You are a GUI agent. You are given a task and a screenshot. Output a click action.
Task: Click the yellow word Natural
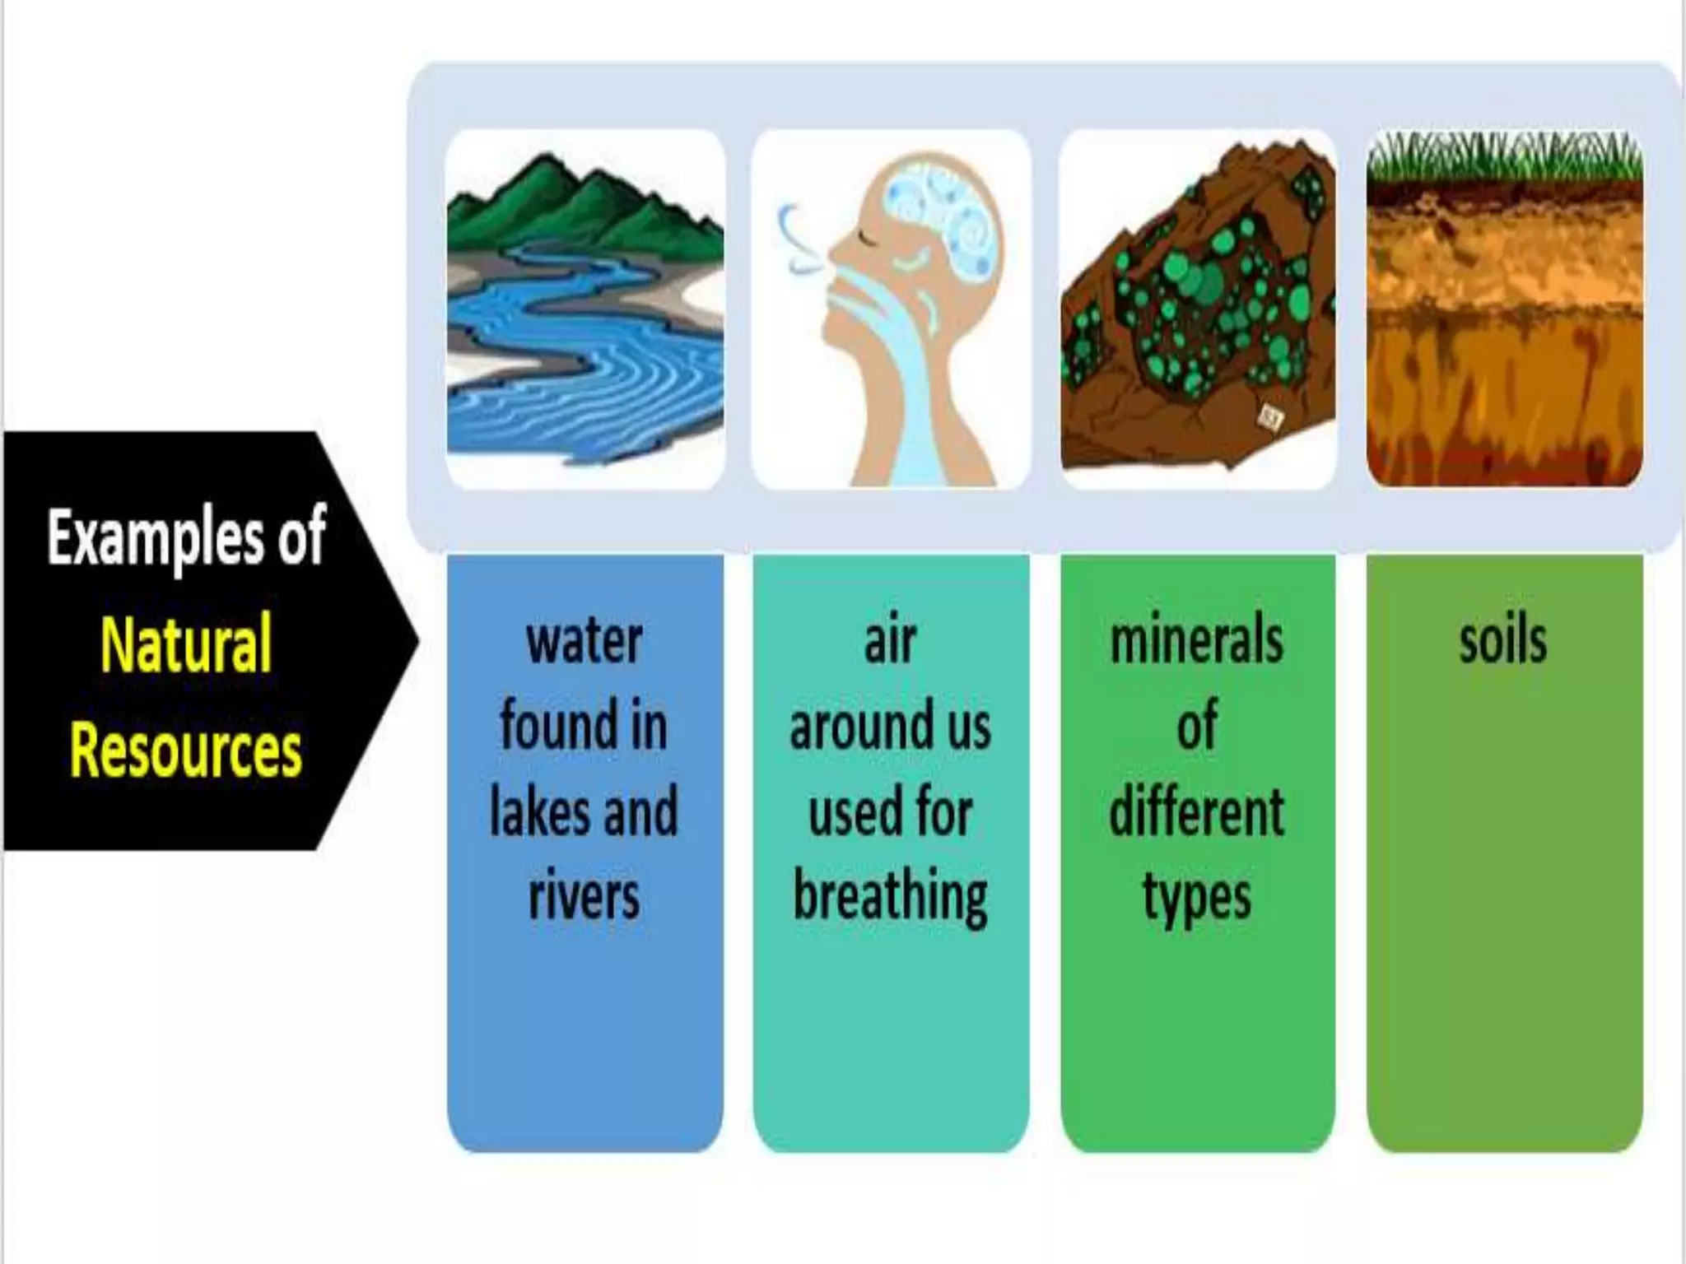click(x=186, y=644)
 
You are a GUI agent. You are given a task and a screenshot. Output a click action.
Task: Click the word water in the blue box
click(x=585, y=641)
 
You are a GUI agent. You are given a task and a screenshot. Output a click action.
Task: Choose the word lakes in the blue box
click(x=536, y=811)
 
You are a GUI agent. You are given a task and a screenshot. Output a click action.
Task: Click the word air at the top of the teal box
click(x=890, y=641)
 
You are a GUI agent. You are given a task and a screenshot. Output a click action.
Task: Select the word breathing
click(x=890, y=897)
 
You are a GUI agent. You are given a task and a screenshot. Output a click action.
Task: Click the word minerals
click(x=1196, y=641)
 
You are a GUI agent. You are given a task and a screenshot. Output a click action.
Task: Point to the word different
click(x=1196, y=811)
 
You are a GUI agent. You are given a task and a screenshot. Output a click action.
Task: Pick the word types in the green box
click(x=1196, y=897)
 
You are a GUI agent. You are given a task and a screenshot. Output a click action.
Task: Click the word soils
click(x=1503, y=641)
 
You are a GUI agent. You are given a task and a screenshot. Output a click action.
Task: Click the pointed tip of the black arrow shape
click(x=417, y=640)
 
